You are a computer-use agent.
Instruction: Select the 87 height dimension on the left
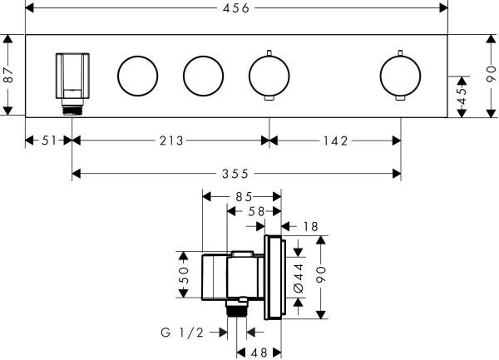click(x=8, y=76)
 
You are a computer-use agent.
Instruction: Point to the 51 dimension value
click(x=49, y=141)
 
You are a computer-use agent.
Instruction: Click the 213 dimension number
click(x=170, y=141)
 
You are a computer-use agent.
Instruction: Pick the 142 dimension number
click(x=335, y=141)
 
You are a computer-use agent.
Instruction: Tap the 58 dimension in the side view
click(x=254, y=212)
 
